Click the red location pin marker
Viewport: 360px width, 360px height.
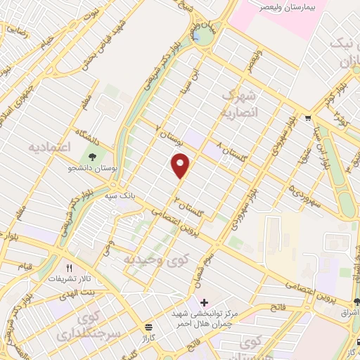coord(181,165)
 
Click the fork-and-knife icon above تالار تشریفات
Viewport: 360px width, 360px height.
coord(69,268)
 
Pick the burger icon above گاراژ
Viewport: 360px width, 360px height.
coord(148,327)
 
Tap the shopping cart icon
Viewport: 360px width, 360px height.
coord(308,117)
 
